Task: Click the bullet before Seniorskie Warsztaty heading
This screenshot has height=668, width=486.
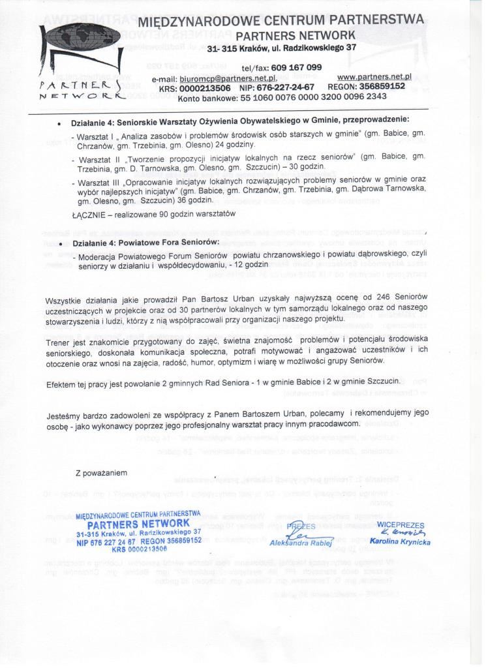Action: tap(60, 122)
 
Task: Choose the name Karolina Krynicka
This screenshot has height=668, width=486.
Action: tap(399, 541)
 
